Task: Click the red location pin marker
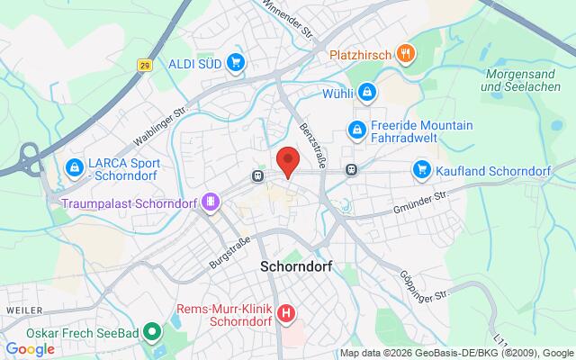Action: coord(287,160)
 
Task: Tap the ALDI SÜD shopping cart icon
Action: coord(237,62)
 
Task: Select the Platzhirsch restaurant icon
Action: coord(407,53)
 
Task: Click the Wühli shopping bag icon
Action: coord(367,92)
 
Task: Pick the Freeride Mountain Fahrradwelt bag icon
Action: coord(357,130)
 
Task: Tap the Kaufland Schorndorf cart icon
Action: coord(421,168)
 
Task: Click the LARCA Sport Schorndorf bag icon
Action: coord(74,166)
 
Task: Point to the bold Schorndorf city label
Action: coord(298,266)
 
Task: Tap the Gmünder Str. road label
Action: coord(420,202)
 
